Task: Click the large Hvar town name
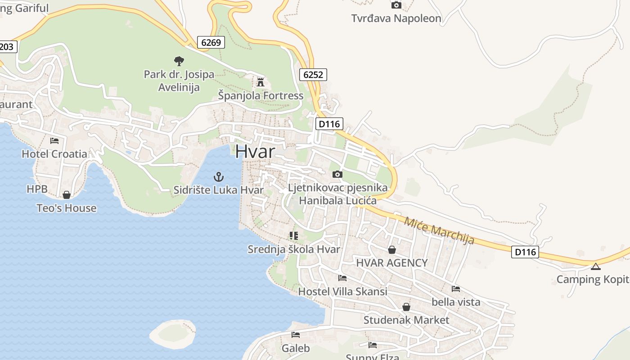255,151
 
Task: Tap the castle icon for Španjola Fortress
260,82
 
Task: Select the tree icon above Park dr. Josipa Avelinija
179,61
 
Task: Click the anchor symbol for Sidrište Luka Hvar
219,176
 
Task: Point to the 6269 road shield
211,43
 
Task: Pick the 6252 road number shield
313,75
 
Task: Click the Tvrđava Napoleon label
396,18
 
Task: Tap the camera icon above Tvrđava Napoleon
396,5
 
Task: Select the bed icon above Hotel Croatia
54,140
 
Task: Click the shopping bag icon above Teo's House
67,195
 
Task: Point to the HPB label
37,189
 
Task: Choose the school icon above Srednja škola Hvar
294,236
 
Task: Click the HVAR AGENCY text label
391,263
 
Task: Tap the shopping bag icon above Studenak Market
406,307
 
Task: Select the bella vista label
456,302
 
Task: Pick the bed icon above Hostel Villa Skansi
342,278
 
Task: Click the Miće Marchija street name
439,230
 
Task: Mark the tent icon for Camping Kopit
596,266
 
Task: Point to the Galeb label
296,348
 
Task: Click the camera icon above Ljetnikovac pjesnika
337,174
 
